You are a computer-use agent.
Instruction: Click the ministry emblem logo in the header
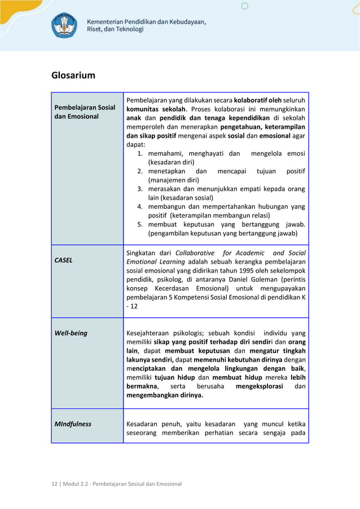[x=65, y=25]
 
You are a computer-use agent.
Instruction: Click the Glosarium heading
[x=73, y=75]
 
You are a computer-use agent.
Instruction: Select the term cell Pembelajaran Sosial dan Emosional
[x=84, y=112]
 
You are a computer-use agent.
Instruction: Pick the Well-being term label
[x=71, y=333]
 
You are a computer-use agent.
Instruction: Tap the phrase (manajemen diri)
[x=173, y=180]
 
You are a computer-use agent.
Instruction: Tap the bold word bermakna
[x=142, y=387]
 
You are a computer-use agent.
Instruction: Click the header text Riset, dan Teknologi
[x=115, y=29]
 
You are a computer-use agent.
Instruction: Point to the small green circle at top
[x=244, y=6]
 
